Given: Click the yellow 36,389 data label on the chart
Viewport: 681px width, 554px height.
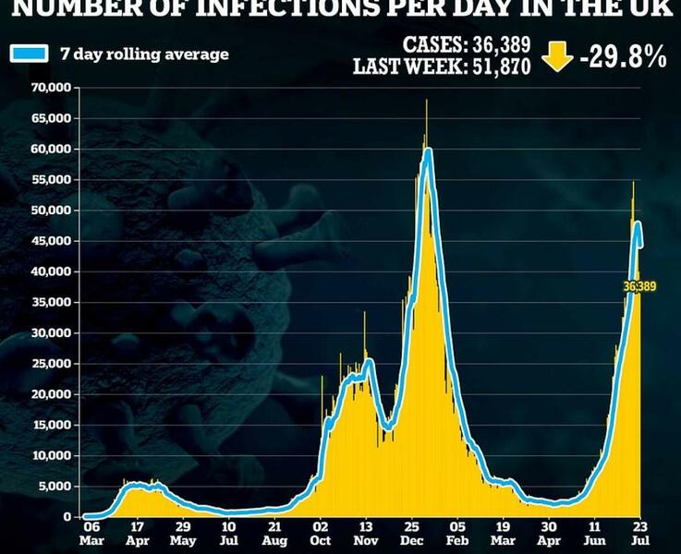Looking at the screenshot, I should pyautogui.click(x=640, y=287).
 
